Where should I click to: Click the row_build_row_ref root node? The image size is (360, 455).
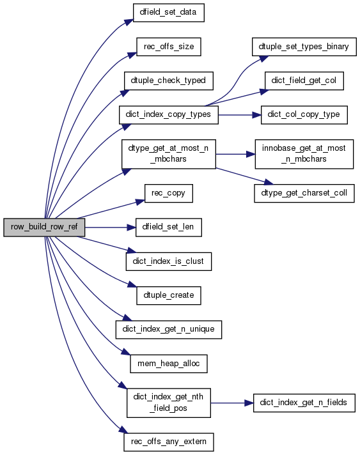pyautogui.click(x=44, y=227)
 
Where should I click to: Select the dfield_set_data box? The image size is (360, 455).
pyautogui.click(x=168, y=13)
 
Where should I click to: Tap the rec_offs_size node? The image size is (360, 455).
pyautogui.click(x=169, y=47)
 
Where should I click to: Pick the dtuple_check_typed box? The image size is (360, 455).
pyautogui.click(x=169, y=81)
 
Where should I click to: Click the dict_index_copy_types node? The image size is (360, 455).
pyautogui.click(x=169, y=115)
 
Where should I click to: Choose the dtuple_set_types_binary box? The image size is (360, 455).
pyautogui.click(x=304, y=47)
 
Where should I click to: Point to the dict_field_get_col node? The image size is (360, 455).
pyautogui.click(x=304, y=81)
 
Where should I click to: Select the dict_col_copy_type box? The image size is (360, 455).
pyautogui.click(x=304, y=115)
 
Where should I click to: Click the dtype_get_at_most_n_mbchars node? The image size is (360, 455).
pyautogui.click(x=169, y=154)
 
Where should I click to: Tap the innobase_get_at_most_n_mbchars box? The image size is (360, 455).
pyautogui.click(x=304, y=154)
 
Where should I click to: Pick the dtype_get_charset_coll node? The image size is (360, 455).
pyautogui.click(x=304, y=193)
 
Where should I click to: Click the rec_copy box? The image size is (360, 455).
pyautogui.click(x=169, y=193)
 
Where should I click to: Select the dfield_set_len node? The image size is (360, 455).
pyautogui.click(x=169, y=227)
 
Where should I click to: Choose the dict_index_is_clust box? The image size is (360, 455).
pyautogui.click(x=169, y=261)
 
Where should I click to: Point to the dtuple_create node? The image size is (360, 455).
pyautogui.click(x=169, y=296)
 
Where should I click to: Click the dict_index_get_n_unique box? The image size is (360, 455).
pyautogui.click(x=169, y=330)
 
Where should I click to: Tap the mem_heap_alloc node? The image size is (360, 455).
pyautogui.click(x=169, y=364)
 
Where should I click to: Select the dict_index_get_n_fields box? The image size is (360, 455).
pyautogui.click(x=304, y=403)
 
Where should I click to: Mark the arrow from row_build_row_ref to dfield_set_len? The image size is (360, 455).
pyautogui.click(x=111, y=227)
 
